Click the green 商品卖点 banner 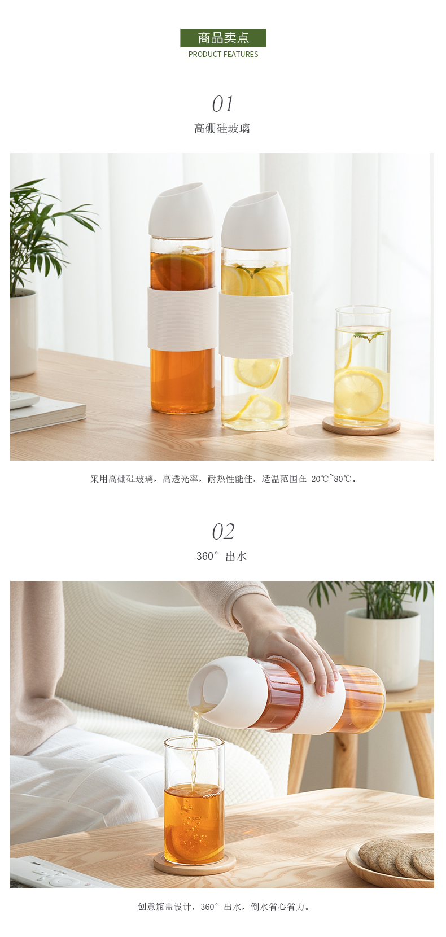(223, 38)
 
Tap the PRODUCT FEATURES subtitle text (223, 54)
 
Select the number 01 (222, 104)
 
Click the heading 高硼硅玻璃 (222, 128)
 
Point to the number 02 (223, 532)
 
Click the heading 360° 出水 (222, 556)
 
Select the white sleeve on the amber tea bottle (182, 317)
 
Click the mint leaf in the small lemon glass (369, 335)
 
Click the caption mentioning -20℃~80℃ (224, 479)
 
